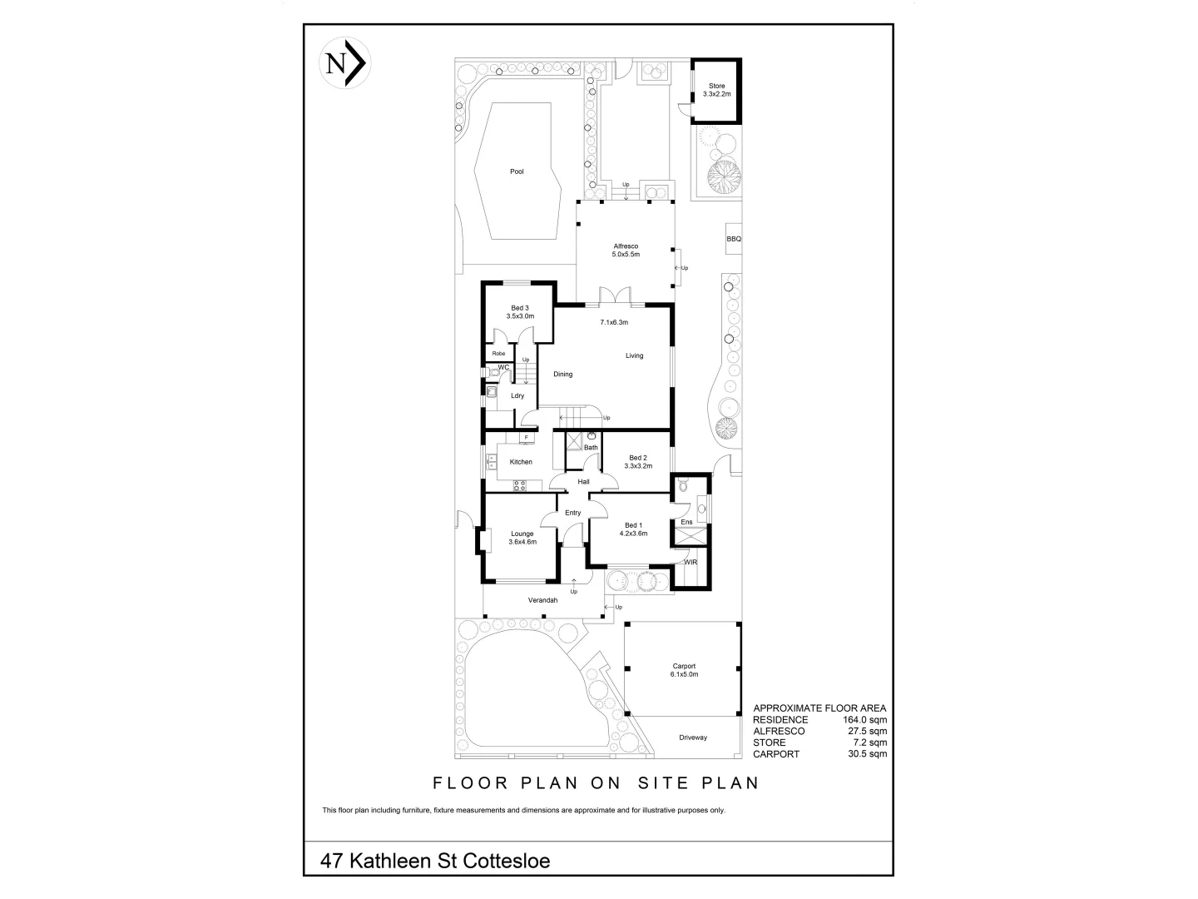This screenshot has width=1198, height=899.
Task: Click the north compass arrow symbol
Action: pos(344,63)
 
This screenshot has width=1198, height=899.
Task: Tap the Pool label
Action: pos(517,171)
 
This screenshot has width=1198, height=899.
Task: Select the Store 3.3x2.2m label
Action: pos(716,90)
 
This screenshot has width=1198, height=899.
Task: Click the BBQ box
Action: pos(733,239)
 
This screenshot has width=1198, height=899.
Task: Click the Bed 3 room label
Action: pos(520,312)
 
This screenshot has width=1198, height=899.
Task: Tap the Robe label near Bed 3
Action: pos(498,354)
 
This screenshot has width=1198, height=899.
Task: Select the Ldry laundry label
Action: pos(517,395)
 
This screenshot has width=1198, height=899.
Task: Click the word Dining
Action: pos(563,375)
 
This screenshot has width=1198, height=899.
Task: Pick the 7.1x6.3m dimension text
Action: pos(614,322)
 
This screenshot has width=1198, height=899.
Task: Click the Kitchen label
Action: pos(521,462)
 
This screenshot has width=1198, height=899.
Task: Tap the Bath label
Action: pos(591,448)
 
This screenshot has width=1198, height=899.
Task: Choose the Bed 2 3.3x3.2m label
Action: pos(638,462)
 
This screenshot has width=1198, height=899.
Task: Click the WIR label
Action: pos(691,563)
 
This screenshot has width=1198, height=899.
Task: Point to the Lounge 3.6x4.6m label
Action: pos(522,538)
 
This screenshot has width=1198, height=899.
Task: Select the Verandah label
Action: pos(542,600)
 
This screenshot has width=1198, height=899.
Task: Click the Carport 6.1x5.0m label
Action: pos(684,670)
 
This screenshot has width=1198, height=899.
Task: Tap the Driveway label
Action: pos(692,738)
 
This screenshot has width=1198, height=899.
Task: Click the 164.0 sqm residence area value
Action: pos(867,719)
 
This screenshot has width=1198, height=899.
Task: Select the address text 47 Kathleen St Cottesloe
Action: pos(435,860)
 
